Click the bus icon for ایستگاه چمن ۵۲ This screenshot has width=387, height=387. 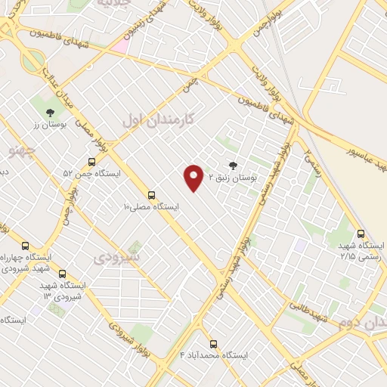pyautogui.click(x=91, y=162)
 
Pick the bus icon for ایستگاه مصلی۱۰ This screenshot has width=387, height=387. pyautogui.click(x=152, y=194)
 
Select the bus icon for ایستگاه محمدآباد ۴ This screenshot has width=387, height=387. pyautogui.click(x=212, y=343)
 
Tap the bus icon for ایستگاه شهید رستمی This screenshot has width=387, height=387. pyautogui.click(x=361, y=234)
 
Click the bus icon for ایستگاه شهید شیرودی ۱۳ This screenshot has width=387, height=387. pyautogui.click(x=62, y=274)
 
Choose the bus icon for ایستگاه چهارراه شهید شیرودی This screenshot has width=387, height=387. pyautogui.click(x=25, y=246)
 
